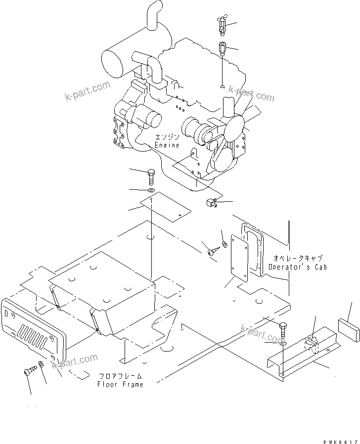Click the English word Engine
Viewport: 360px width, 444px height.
(167, 145)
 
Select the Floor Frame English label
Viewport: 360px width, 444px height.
(120, 384)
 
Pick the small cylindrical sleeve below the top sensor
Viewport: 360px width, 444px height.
(222, 49)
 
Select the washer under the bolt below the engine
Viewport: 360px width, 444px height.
(151, 190)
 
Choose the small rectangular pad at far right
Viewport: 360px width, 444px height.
(347, 328)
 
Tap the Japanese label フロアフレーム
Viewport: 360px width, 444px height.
(120, 376)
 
